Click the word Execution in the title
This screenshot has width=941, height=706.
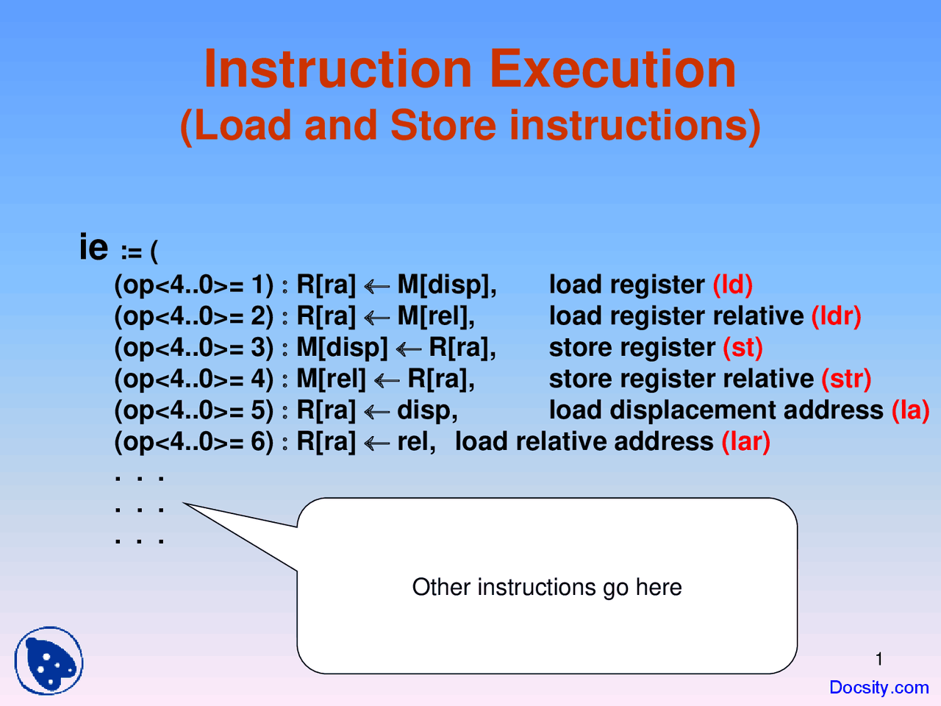(612, 69)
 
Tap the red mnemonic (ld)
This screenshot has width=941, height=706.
(732, 285)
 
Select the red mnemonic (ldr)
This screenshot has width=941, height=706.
(836, 316)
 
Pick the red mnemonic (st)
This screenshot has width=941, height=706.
(743, 347)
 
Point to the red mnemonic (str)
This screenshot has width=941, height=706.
(846, 379)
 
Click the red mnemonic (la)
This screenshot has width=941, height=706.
(910, 410)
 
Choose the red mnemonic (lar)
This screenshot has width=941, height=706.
(745, 441)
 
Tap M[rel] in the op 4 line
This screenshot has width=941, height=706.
(330, 379)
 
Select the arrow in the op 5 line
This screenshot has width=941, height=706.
(376, 411)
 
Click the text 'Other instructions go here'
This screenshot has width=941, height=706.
(546, 587)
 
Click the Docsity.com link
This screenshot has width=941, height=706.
(879, 688)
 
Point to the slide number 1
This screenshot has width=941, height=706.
(879, 659)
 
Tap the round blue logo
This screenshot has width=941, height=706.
(49, 660)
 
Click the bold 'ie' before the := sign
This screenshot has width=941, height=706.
(93, 247)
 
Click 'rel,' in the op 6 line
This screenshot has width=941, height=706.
(416, 441)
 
